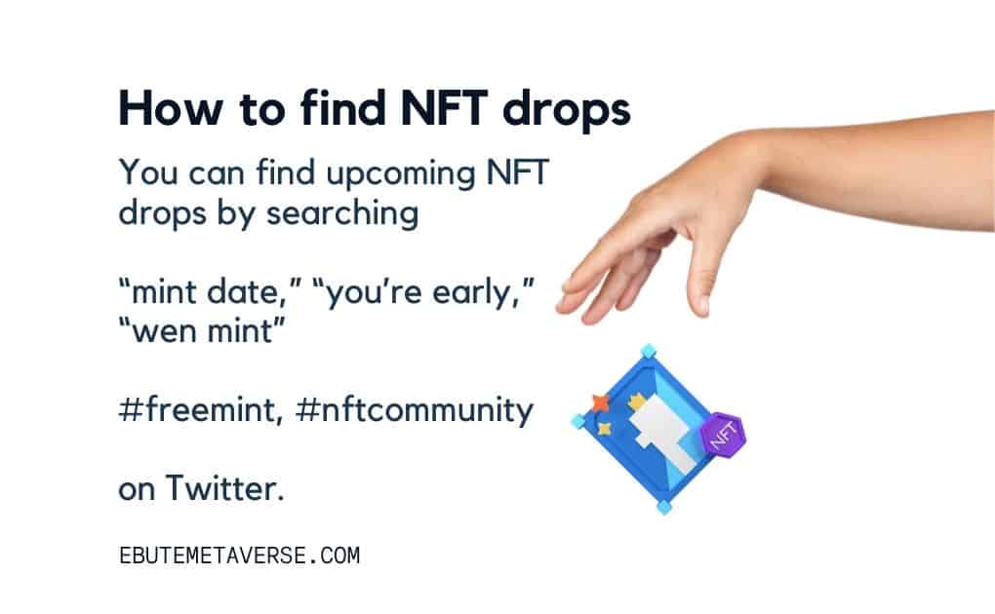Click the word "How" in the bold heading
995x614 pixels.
coord(170,108)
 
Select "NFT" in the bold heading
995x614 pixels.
coord(444,108)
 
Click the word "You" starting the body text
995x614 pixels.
coord(148,173)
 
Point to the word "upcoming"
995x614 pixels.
coord(400,175)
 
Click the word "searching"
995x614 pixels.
coord(342,214)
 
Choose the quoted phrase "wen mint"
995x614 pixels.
coord(203,331)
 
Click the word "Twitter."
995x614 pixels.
coord(224,488)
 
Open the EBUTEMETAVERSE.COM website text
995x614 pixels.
coord(239,556)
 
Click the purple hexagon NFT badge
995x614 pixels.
coord(722,435)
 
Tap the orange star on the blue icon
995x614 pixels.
coord(600,403)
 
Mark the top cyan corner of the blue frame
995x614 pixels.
coord(648,352)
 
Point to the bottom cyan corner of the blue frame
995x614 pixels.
coord(663,507)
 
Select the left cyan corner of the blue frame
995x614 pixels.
coord(578,421)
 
